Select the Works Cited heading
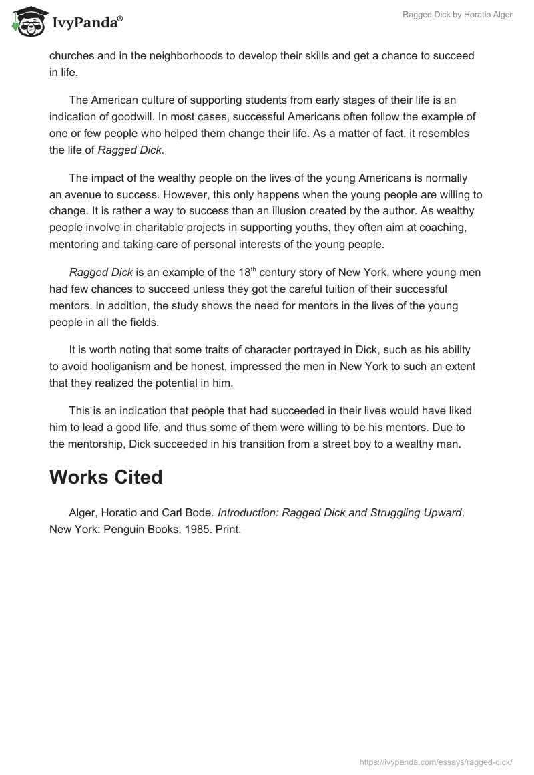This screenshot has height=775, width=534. pos(106,477)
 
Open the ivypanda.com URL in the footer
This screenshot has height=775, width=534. pos(435,760)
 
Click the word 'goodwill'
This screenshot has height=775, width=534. pos(128,116)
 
